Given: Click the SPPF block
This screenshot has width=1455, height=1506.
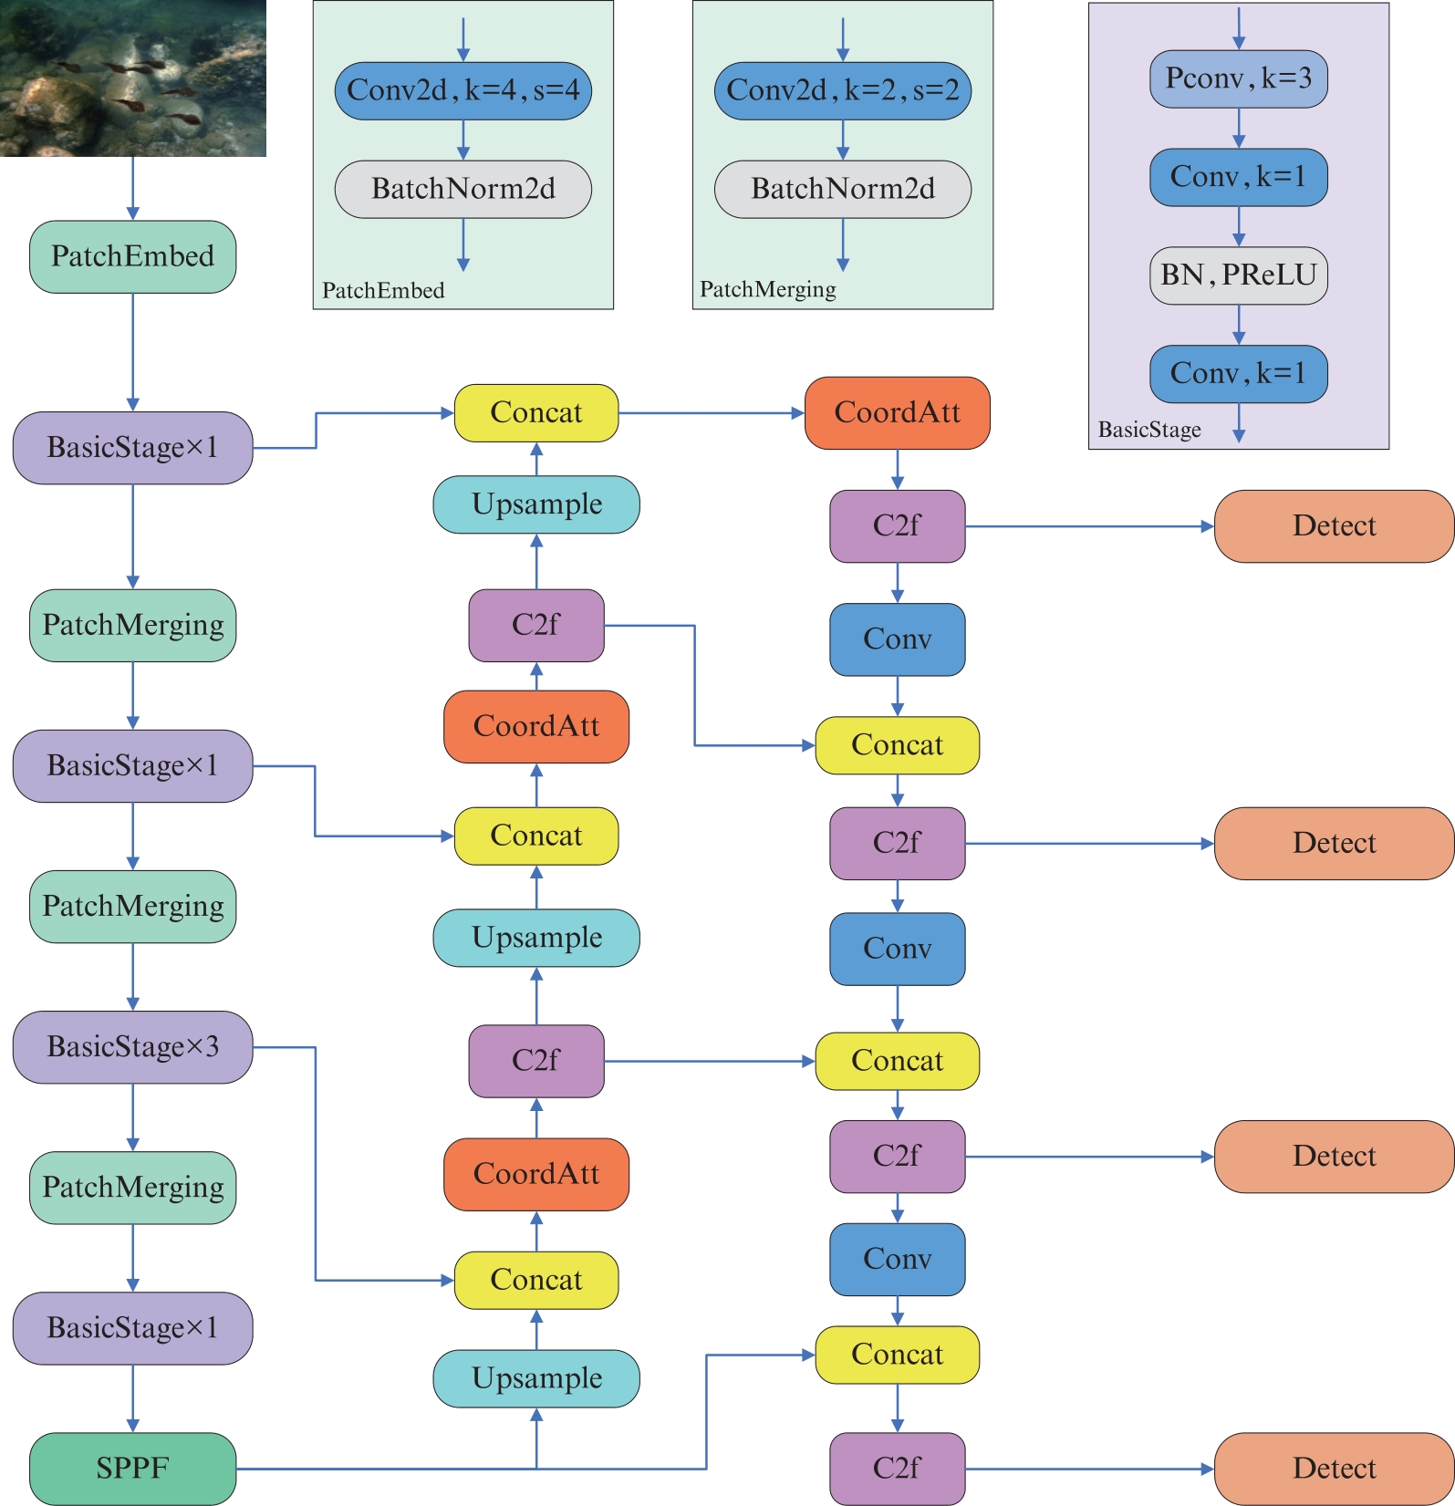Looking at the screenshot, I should coord(132,1468).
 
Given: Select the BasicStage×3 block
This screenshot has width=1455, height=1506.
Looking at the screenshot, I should coord(132,1046).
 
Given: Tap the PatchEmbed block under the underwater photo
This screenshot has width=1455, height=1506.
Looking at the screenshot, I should coord(132,256).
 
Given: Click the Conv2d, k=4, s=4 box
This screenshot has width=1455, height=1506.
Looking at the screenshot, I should coord(462,90).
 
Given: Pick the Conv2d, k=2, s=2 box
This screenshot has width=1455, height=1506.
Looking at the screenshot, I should coord(842,90).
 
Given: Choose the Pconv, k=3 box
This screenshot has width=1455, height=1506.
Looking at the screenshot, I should coord(1238,78).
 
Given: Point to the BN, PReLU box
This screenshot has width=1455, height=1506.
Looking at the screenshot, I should coord(1238,275).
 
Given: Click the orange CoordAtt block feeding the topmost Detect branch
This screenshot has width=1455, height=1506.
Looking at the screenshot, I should coord(897,412).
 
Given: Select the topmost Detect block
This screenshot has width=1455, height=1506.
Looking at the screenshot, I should coord(1334,525).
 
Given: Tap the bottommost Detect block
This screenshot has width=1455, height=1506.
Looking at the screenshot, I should coord(1334,1468).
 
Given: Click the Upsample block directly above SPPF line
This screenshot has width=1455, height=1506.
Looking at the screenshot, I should coord(536,1377).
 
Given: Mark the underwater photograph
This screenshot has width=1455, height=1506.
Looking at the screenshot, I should coord(133,78).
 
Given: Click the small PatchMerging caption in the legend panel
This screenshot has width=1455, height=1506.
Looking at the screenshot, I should coord(767,289).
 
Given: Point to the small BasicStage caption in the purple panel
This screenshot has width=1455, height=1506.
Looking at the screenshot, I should coord(1148,430).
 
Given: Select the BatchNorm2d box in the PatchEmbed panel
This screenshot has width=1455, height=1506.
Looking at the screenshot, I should coord(462,189).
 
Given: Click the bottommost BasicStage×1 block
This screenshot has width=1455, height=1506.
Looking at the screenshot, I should coord(132,1327).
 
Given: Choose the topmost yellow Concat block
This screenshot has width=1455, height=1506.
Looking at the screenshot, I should coord(536,412).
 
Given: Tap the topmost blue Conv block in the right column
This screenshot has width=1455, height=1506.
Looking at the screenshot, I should coord(897,639).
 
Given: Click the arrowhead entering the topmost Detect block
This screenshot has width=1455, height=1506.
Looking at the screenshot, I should coord(1207,526).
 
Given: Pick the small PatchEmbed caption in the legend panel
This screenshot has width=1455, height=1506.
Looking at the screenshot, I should coord(383,290).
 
